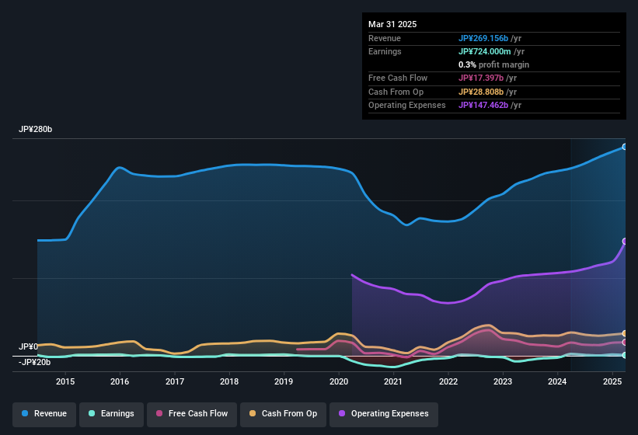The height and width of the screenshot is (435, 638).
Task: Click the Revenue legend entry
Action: coord(44,413)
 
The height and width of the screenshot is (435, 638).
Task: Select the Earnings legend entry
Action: coord(111,413)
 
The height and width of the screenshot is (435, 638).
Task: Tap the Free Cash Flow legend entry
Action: coord(191,413)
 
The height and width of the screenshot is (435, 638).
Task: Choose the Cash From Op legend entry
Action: coord(282,413)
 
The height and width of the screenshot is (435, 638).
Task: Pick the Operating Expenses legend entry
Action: coord(383,413)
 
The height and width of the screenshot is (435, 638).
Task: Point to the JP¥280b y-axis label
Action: coord(36,130)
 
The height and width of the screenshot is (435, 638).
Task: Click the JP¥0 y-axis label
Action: coord(28,346)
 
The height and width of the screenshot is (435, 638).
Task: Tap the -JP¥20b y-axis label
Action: coord(34,362)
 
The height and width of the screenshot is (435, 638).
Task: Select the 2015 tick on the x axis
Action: coord(65,381)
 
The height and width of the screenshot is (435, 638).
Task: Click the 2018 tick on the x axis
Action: coord(229,381)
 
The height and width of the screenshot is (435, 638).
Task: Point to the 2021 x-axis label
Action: coord(393,381)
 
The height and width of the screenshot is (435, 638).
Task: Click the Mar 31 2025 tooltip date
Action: coord(392,24)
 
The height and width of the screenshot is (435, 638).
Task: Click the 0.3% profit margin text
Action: coord(493,64)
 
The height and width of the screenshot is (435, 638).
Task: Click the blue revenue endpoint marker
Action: coord(624,147)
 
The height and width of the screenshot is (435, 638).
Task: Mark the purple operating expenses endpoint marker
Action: coord(624,242)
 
